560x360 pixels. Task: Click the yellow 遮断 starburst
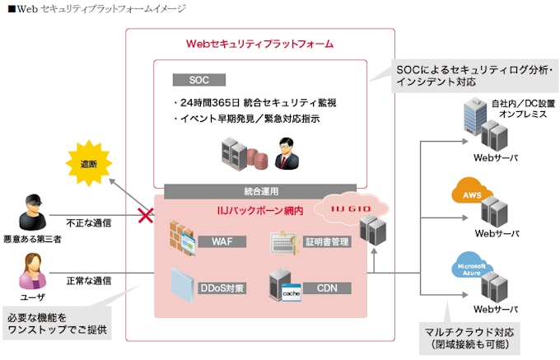88,164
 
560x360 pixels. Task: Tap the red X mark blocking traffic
147,217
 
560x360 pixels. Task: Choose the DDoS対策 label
220,288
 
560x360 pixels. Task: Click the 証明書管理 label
325,242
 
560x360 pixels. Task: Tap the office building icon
474,115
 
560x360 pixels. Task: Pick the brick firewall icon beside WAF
180,239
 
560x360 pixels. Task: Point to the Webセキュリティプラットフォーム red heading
259,43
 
